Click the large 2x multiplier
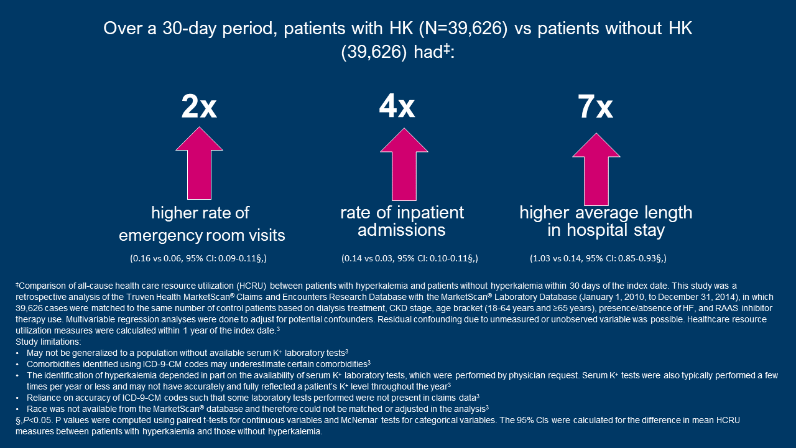point(199,107)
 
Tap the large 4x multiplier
point(397,107)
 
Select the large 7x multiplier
point(595,107)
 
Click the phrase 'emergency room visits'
point(202,235)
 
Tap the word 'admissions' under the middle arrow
point(402,230)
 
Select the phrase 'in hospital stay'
point(606,230)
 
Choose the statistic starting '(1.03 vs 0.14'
point(598,258)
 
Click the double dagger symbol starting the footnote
point(17,284)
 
